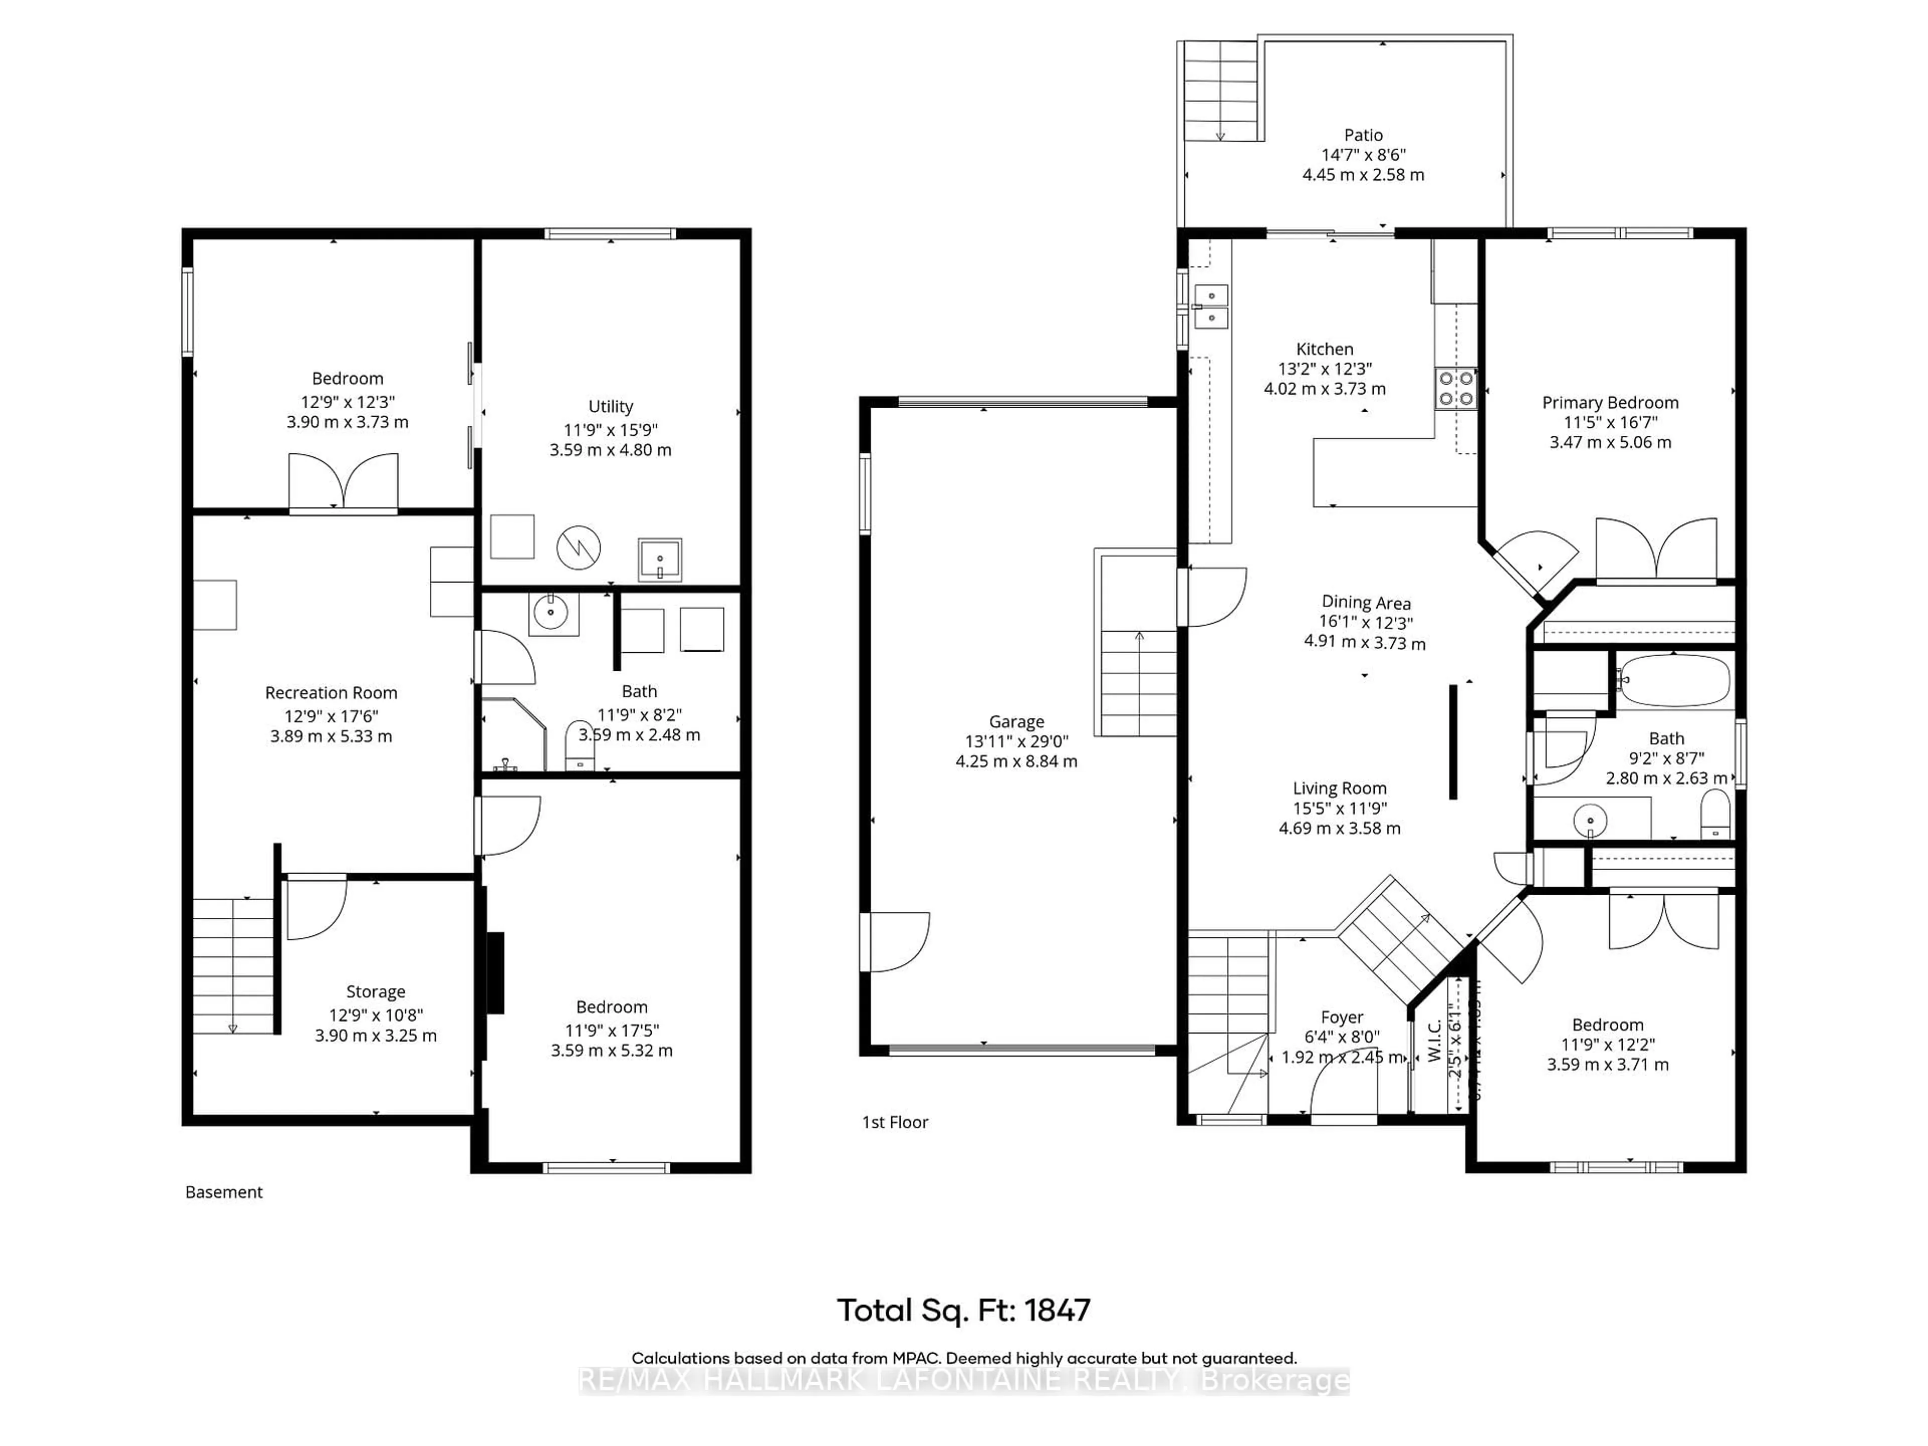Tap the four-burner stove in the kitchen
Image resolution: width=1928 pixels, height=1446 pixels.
1456,389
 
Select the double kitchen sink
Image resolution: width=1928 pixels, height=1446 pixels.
1211,307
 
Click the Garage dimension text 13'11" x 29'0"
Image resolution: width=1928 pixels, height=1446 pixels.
1016,741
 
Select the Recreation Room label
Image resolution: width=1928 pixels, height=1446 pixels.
331,693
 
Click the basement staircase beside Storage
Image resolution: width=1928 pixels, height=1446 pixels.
233,966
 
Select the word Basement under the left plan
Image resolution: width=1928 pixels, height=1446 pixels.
224,1192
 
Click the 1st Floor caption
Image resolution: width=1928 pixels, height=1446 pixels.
895,1123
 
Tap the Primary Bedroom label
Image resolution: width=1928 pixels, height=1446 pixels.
1610,403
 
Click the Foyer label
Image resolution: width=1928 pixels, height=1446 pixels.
1342,1017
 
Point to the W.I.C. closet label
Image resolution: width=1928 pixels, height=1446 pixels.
1434,1042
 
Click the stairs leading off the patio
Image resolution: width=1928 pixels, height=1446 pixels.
1220,91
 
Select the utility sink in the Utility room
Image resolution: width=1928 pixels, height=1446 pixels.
660,559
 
